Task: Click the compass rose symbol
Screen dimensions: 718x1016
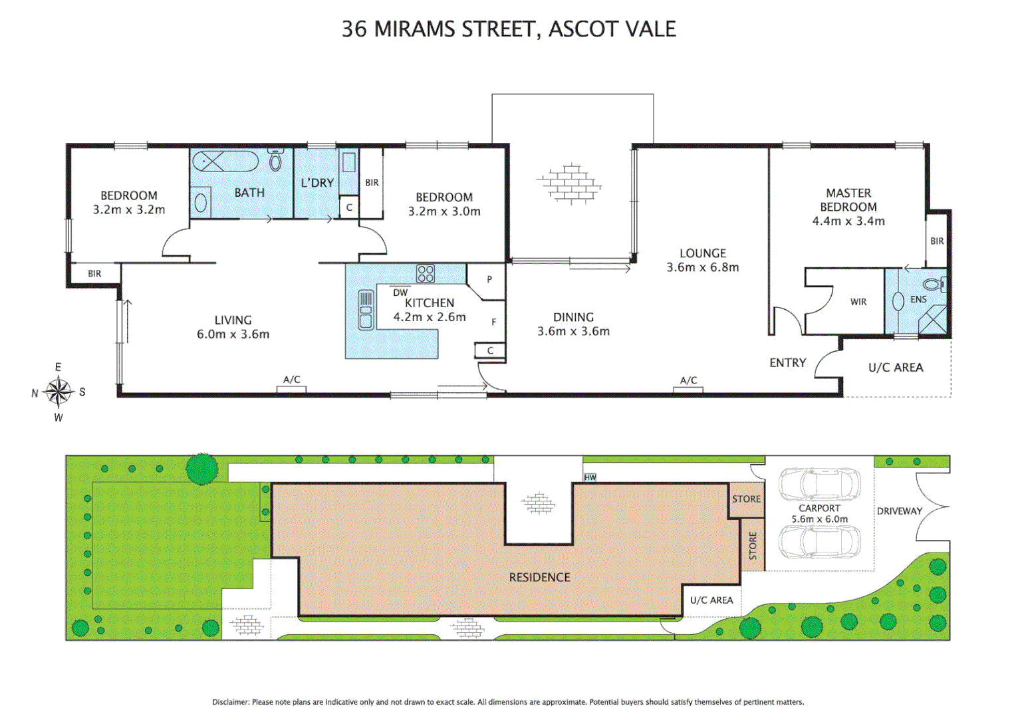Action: click(x=59, y=392)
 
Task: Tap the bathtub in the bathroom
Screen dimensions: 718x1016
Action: click(x=225, y=162)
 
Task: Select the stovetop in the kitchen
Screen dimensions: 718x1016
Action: click(x=426, y=274)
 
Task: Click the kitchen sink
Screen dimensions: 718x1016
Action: click(x=366, y=310)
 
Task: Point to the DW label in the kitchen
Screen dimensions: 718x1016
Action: click(x=400, y=293)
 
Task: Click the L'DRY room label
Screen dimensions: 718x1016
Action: click(x=317, y=183)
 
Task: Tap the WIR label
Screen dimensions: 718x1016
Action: click(x=858, y=302)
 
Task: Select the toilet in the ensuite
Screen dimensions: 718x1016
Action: click(x=934, y=285)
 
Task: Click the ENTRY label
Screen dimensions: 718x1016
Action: click(x=788, y=363)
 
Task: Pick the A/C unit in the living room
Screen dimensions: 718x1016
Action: click(x=292, y=388)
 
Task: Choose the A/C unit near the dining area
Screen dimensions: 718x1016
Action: click(x=688, y=389)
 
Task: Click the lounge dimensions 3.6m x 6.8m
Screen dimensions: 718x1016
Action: click(x=703, y=267)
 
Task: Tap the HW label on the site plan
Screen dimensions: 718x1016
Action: click(x=590, y=477)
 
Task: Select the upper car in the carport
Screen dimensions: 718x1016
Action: click(x=819, y=485)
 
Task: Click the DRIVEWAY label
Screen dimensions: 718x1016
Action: click(x=899, y=511)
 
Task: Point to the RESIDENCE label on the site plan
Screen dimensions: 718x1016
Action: click(x=539, y=578)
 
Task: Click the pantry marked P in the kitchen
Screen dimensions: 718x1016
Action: click(x=489, y=279)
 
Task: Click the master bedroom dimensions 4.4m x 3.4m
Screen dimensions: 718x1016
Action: click(x=848, y=221)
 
